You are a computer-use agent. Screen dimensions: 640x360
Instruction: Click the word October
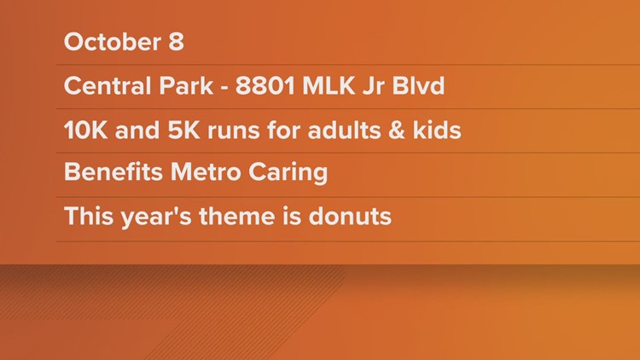coord(113,42)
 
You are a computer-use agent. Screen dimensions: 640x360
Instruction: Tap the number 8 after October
coord(176,42)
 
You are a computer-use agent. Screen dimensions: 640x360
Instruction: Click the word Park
coord(186,85)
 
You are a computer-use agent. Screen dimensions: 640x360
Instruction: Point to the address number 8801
coord(265,85)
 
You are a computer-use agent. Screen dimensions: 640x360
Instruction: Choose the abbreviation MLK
coord(329,85)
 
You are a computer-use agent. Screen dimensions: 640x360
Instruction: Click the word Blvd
coord(418,85)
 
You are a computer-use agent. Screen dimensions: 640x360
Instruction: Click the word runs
coord(234,132)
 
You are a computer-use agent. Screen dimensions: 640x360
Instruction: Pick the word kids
coord(437,131)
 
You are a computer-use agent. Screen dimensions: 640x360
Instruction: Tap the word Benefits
coord(113,171)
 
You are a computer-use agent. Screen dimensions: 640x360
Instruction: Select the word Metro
coord(206,171)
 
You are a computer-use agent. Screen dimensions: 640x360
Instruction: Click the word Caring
coord(288,173)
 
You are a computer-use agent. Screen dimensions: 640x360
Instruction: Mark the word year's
coord(156,217)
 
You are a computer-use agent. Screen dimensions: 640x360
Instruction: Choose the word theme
coord(236,216)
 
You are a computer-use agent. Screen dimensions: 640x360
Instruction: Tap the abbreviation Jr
coord(374,85)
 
